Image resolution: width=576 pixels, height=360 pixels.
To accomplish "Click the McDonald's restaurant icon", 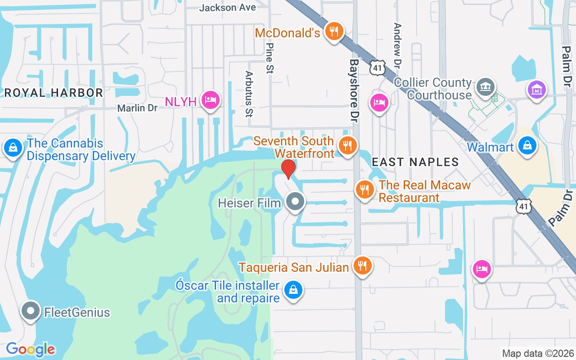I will (333, 31).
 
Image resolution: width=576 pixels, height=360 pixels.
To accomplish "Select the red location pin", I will (288, 169).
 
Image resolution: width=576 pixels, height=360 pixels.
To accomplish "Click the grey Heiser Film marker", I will (296, 202).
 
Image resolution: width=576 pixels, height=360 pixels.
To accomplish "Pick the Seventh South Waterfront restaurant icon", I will (347, 145).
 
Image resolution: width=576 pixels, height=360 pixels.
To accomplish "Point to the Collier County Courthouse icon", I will (485, 86).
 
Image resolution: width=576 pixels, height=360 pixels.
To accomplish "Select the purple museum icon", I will (537, 89).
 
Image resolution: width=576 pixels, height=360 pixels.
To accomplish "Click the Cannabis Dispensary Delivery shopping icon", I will (13, 147).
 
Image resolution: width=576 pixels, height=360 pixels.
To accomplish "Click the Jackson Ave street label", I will (227, 8).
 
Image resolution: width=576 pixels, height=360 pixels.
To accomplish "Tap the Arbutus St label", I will (249, 94).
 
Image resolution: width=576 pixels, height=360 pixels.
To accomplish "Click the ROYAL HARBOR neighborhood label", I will (54, 93).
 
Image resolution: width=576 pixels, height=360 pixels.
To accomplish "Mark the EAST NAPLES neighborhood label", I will (415, 162).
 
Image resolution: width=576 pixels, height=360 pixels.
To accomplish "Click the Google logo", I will (30, 349).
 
